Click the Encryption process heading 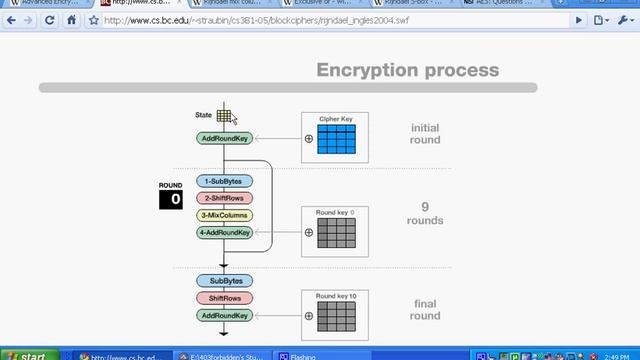tap(407, 70)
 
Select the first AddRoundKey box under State tap(224, 139)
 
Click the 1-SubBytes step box tap(224, 182)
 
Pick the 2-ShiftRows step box tap(224, 199)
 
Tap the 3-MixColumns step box tap(224, 215)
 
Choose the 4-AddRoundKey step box tap(224, 232)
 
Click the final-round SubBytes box tap(224, 281)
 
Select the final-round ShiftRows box tap(224, 298)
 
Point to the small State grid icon tap(225, 116)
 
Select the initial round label tap(425, 134)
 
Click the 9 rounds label tap(425, 213)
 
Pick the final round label tap(425, 310)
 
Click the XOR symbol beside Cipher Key tap(309, 139)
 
